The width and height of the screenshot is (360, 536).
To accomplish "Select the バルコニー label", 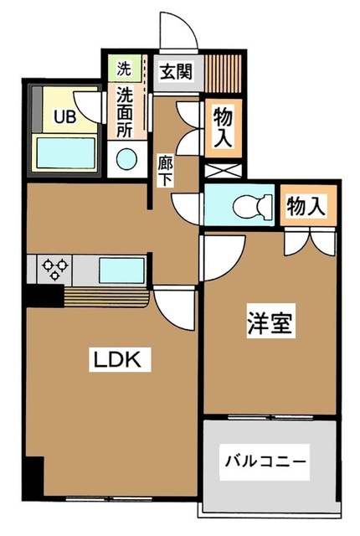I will click(265, 461).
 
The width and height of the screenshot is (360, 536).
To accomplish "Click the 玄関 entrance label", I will click(175, 70).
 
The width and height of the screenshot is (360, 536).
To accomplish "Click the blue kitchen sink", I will click(122, 271).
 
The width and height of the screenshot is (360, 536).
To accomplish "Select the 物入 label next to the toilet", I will click(305, 206).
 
